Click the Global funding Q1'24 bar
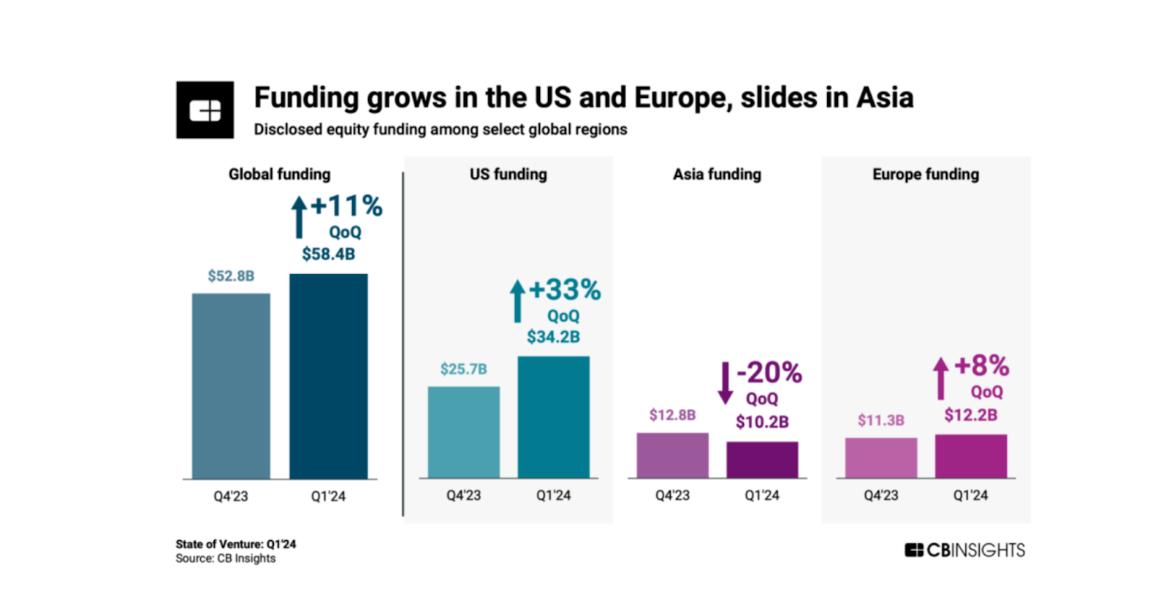[328, 376]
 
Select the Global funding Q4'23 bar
[231, 386]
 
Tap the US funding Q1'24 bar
[553, 417]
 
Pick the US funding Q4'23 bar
[463, 432]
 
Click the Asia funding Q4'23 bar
[672, 455]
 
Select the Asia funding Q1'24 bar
[762, 460]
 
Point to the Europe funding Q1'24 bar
[970, 456]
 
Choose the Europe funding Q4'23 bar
[880, 458]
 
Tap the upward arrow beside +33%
[517, 300]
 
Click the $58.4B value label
[328, 254]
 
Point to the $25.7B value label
[463, 369]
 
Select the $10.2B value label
[762, 422]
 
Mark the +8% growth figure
[981, 365]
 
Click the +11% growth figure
[346, 206]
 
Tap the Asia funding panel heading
[717, 174]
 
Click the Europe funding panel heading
[925, 174]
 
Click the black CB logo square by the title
[205, 110]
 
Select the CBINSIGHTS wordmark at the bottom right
[964, 550]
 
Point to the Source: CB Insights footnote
[225, 558]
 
